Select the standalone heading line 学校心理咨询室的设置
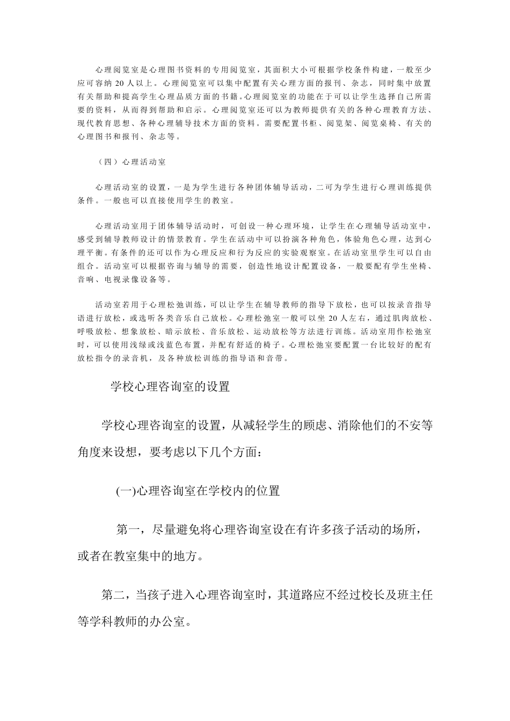click(x=170, y=386)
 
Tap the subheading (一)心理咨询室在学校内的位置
click(x=198, y=490)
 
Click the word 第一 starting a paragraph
click(x=129, y=530)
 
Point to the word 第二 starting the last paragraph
click(x=114, y=595)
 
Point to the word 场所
click(x=402, y=530)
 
